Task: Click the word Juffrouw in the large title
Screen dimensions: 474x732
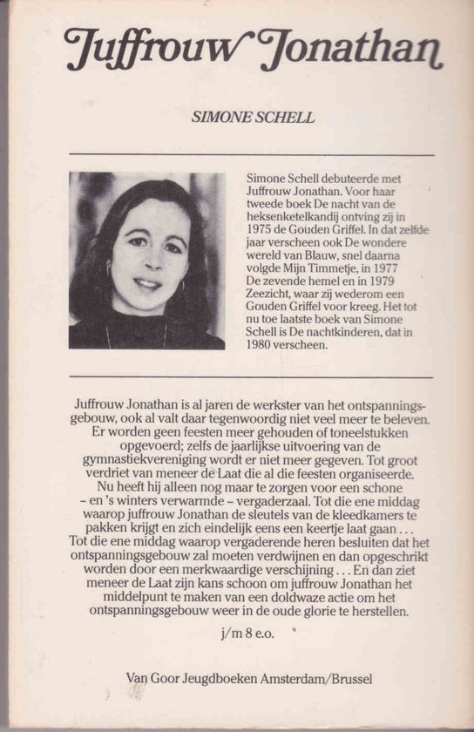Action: pos(148,51)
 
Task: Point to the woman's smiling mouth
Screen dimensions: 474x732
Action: pos(147,283)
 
